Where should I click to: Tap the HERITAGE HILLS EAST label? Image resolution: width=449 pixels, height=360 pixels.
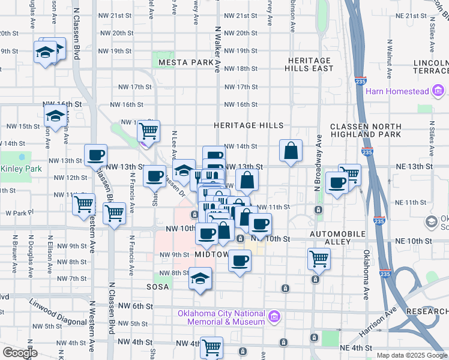pyautogui.click(x=310, y=65)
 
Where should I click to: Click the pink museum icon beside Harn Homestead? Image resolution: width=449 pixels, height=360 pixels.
pyautogui.click(x=438, y=91)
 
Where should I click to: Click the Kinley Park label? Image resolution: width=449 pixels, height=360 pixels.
pyautogui.click(x=21, y=169)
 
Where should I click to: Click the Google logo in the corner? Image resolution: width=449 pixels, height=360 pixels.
pyautogui.click(x=20, y=353)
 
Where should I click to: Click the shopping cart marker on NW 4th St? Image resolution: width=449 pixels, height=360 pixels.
pyautogui.click(x=211, y=347)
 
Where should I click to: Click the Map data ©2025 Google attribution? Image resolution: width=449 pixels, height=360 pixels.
pyautogui.click(x=411, y=355)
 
